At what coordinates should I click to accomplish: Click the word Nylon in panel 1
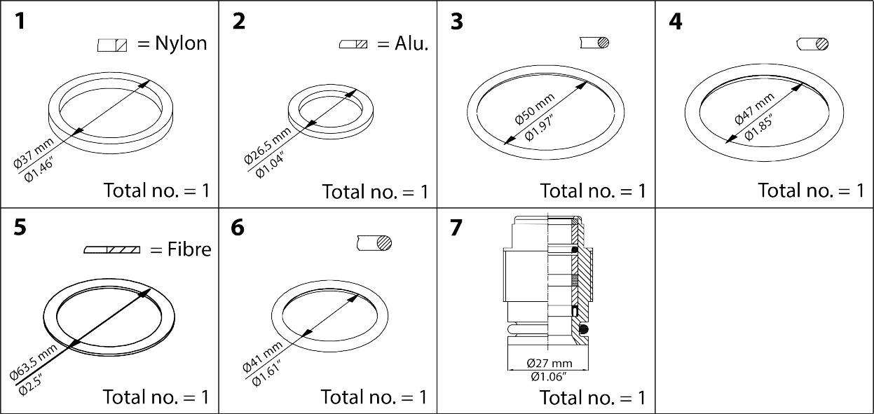(182, 43)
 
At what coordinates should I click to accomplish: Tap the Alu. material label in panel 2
(411, 43)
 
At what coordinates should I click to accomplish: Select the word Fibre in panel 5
(189, 249)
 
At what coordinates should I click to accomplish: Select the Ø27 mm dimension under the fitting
(549, 364)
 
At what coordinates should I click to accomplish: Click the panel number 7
(456, 228)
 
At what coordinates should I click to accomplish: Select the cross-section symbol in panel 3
(595, 43)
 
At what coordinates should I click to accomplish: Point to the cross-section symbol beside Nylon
(112, 46)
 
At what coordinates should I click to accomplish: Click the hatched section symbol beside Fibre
(112, 250)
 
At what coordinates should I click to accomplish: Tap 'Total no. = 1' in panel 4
(811, 190)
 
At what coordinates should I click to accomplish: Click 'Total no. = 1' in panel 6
(374, 396)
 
